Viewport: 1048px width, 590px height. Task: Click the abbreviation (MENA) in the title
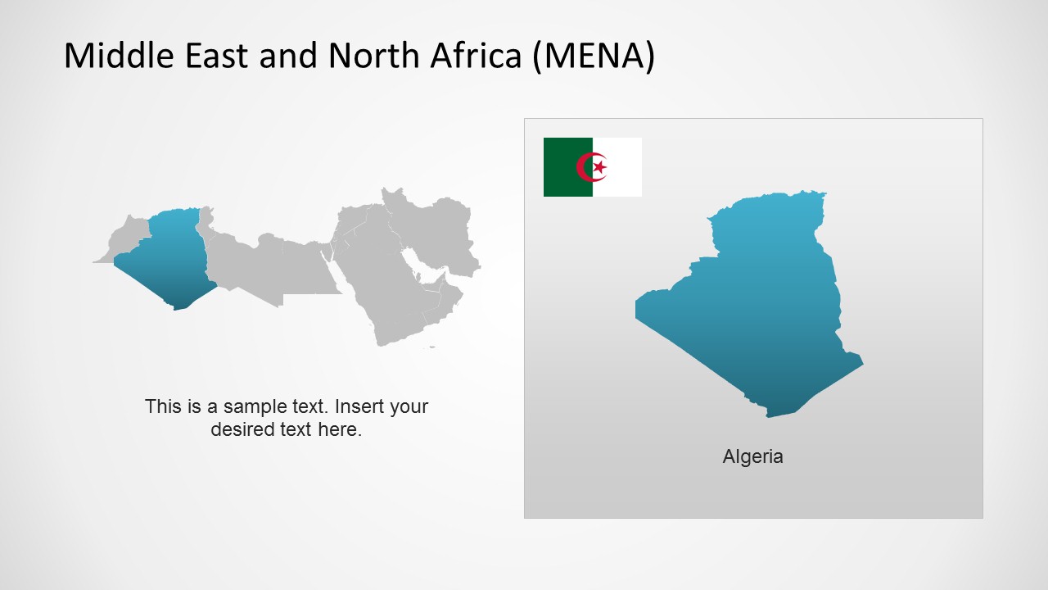point(594,56)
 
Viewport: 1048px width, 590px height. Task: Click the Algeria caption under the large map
point(752,456)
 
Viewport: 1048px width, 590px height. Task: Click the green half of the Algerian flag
point(567,167)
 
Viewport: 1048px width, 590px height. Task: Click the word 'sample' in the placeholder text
point(257,406)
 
